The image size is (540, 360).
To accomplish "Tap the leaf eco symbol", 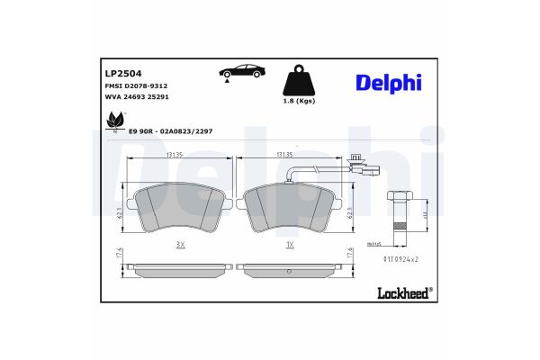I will [115, 120].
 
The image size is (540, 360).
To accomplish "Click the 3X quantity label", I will [180, 244].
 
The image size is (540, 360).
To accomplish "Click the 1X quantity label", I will [290, 244].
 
